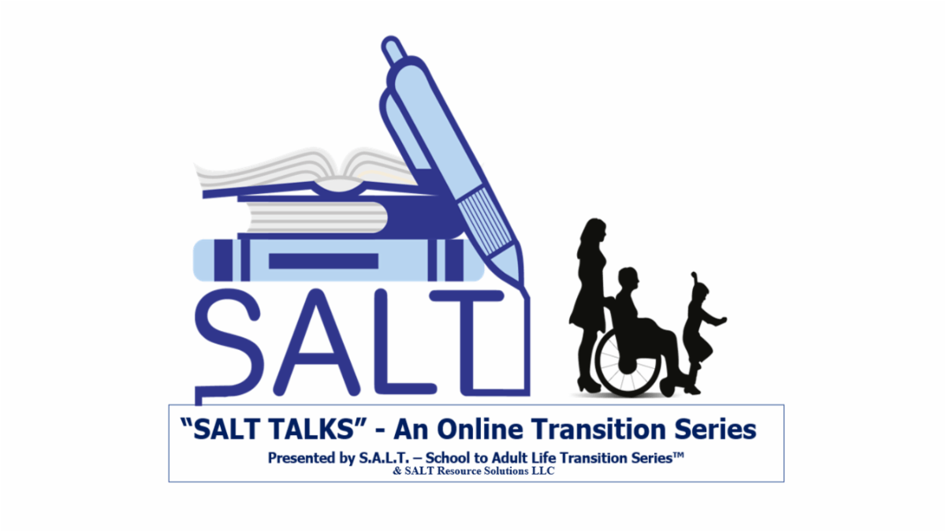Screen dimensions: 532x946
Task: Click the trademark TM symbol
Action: click(677, 454)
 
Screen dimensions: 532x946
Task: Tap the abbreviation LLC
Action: click(545, 471)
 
